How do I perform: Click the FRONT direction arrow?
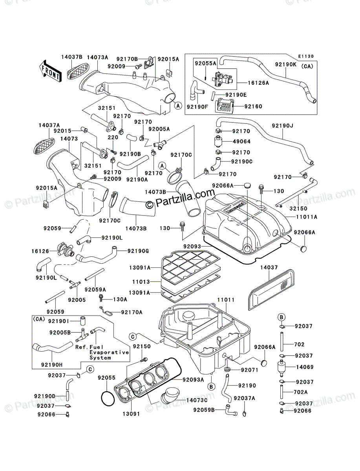point(50,71)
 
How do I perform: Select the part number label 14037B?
point(72,57)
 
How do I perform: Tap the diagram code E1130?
point(306,57)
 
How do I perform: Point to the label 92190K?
point(286,64)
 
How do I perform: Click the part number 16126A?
point(259,83)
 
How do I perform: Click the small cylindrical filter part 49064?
point(219,141)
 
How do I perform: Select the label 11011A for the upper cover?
point(307,217)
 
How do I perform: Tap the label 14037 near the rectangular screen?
point(269,267)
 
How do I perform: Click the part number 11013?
point(141,282)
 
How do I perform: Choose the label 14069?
point(305,367)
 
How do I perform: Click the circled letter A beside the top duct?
point(178,106)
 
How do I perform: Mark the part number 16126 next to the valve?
point(40,251)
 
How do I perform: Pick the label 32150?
point(298,208)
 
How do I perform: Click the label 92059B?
point(204,410)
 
